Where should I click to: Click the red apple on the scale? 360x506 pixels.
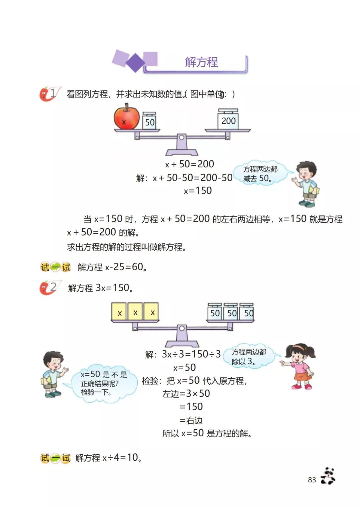(x=126, y=117)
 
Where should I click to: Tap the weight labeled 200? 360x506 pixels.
(x=228, y=120)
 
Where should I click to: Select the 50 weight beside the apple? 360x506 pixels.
(x=149, y=121)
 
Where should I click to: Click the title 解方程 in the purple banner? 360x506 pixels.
(x=201, y=62)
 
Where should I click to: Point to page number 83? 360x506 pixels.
(x=312, y=480)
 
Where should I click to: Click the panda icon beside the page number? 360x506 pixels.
(x=328, y=476)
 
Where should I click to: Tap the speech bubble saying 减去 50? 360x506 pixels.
(x=260, y=174)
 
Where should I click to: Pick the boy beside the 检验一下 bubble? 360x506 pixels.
(x=53, y=374)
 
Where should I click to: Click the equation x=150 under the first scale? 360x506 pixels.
(x=198, y=191)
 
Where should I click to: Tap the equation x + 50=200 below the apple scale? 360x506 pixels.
(x=190, y=164)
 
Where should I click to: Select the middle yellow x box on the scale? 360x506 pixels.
(x=135, y=312)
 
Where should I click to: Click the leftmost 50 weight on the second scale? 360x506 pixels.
(x=215, y=313)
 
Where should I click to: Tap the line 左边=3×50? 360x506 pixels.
(x=186, y=394)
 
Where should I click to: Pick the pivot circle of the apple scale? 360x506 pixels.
(x=181, y=137)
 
